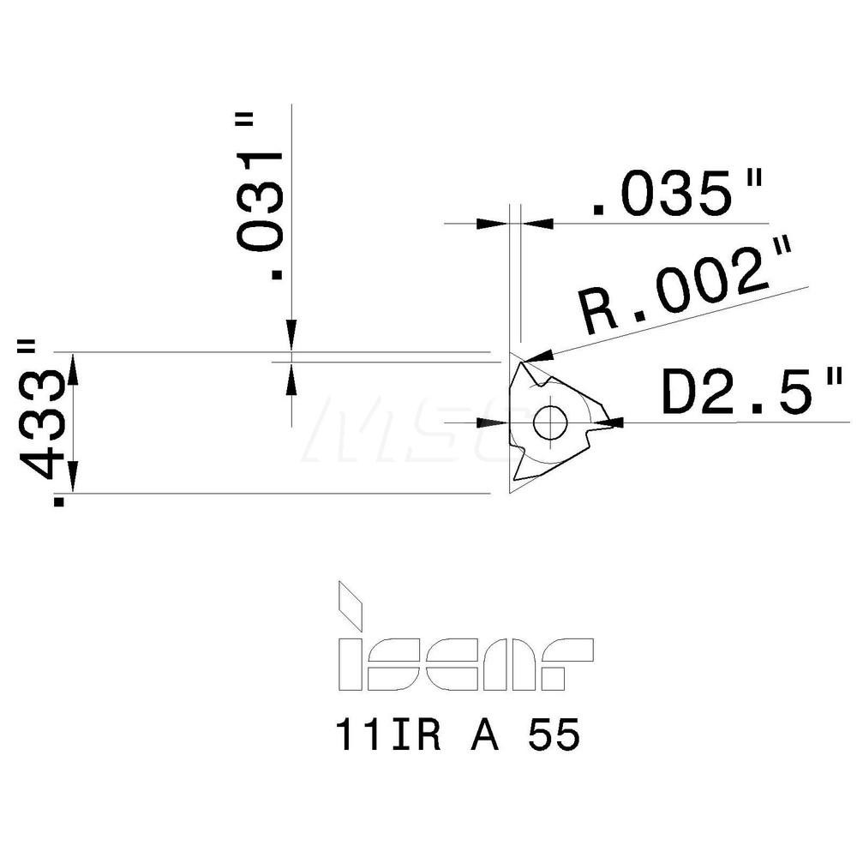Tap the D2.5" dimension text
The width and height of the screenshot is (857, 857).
pos(748,393)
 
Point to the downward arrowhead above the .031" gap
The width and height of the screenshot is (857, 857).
pos(291,337)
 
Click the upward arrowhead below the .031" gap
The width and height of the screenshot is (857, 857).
pos(291,377)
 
